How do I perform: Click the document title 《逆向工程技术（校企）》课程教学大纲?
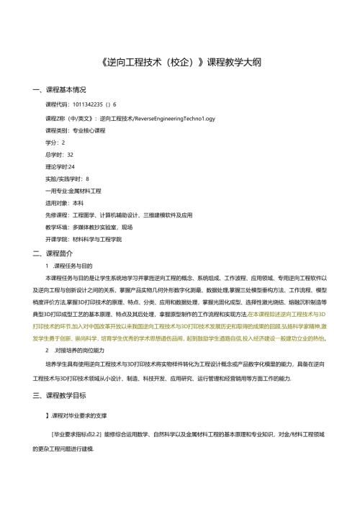point(179,63)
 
